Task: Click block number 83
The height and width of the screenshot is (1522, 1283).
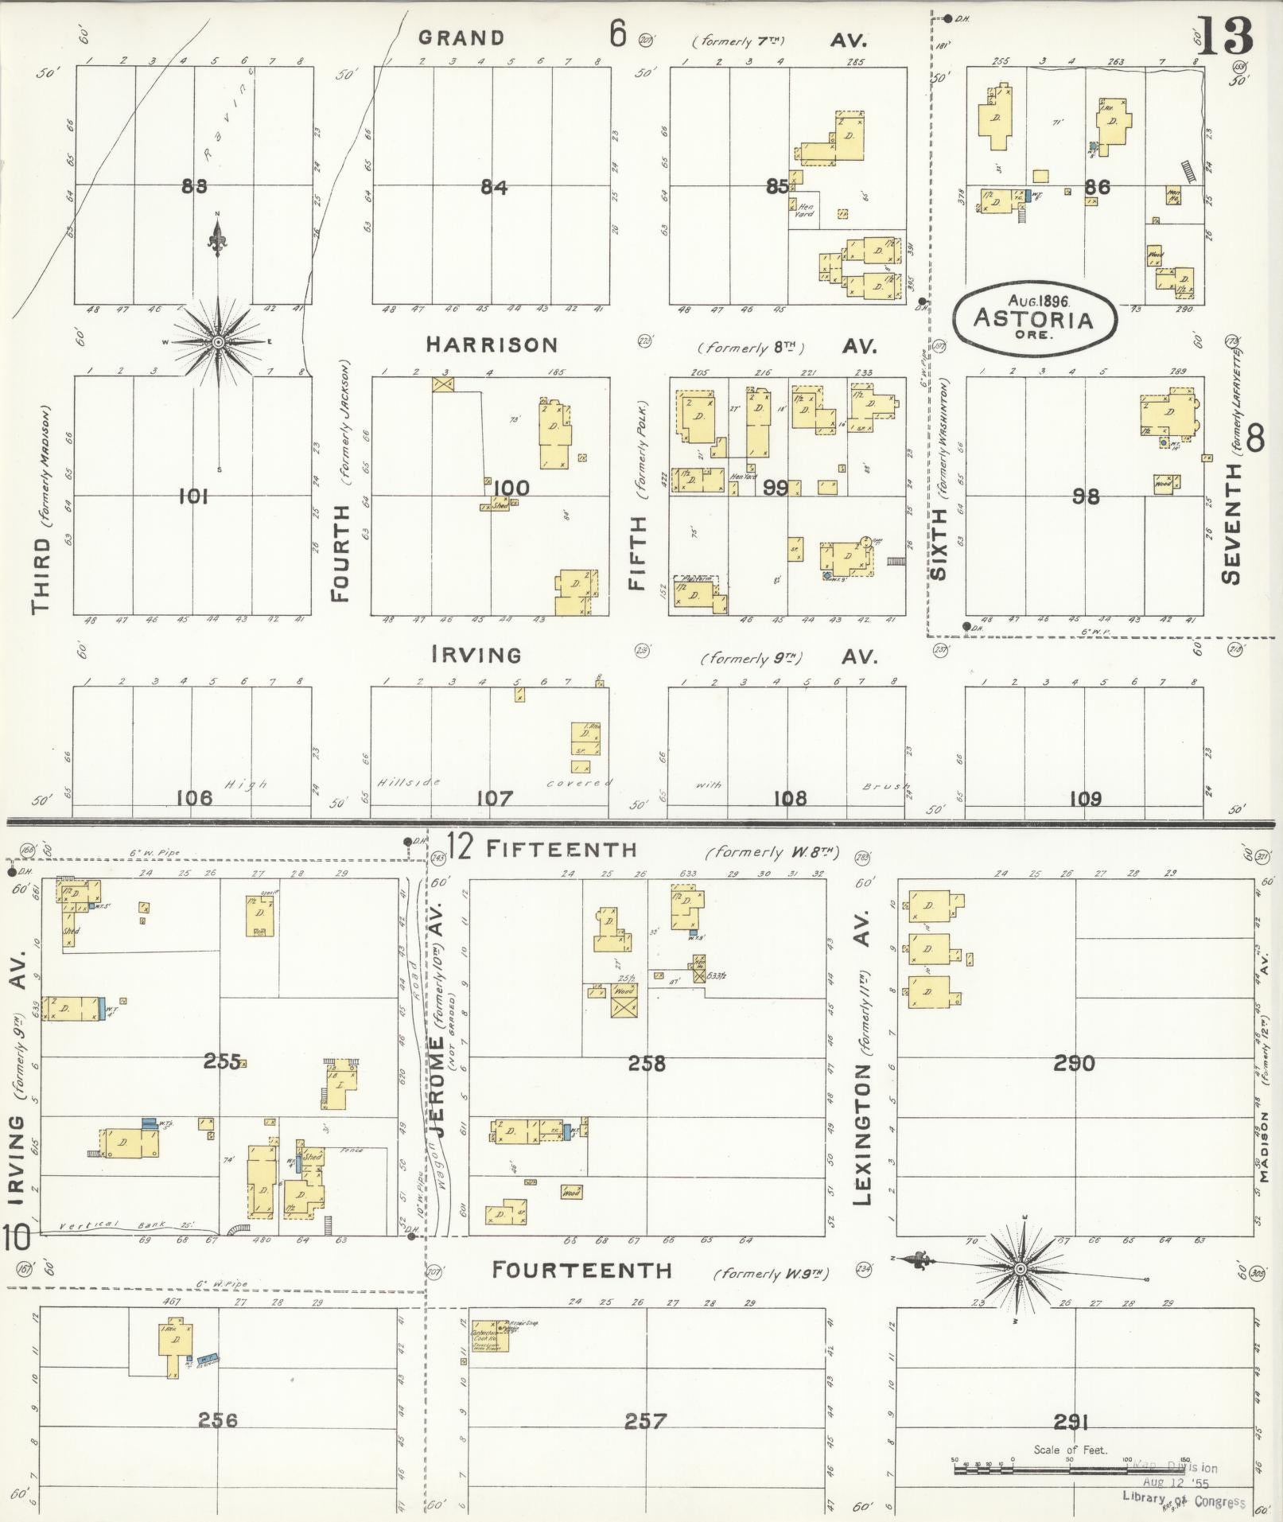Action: tap(194, 186)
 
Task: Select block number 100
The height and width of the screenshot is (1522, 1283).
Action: tap(511, 488)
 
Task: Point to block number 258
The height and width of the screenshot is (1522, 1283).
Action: tap(647, 1063)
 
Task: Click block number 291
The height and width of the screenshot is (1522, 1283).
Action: tap(1071, 1421)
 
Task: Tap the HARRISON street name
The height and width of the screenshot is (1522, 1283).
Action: tap(492, 344)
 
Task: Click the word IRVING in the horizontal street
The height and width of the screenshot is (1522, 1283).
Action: tap(476, 655)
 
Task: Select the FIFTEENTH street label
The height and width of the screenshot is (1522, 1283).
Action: tap(562, 849)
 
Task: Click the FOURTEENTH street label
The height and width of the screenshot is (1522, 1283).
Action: tap(581, 1270)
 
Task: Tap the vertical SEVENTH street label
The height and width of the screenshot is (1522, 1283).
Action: tap(1231, 523)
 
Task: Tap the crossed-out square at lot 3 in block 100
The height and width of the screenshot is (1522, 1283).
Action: tap(443, 383)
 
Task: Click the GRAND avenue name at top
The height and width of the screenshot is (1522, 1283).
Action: tap(461, 37)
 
